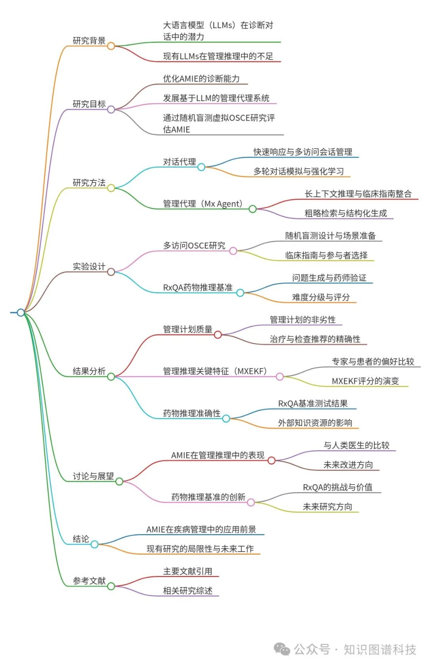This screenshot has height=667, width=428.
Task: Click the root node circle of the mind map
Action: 21,312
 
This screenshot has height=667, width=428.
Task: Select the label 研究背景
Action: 89,40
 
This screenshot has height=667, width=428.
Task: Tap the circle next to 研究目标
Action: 111,109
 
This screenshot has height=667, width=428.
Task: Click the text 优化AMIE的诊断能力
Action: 201,79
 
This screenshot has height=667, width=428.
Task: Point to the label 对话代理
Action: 180,162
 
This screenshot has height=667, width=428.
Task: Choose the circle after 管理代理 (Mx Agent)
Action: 252,209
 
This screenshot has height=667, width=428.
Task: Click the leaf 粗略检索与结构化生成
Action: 346,213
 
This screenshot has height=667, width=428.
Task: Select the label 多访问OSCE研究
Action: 194,245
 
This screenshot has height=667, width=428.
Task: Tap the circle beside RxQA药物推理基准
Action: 240,293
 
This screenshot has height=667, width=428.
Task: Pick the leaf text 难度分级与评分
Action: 321,297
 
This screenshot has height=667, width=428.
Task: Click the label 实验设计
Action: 89,266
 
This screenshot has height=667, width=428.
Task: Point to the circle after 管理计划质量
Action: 218,335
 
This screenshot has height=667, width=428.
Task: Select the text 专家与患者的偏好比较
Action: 373,362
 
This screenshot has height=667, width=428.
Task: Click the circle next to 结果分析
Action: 111,376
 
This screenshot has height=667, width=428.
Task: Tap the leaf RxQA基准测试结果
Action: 313,404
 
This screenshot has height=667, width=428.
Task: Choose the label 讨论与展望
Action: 93,476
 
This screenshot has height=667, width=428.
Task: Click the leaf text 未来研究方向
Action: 327,507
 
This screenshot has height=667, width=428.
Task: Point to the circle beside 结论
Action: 94,544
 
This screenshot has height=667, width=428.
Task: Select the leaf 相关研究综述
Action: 188,591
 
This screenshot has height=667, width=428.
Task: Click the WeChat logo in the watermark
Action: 282,649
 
